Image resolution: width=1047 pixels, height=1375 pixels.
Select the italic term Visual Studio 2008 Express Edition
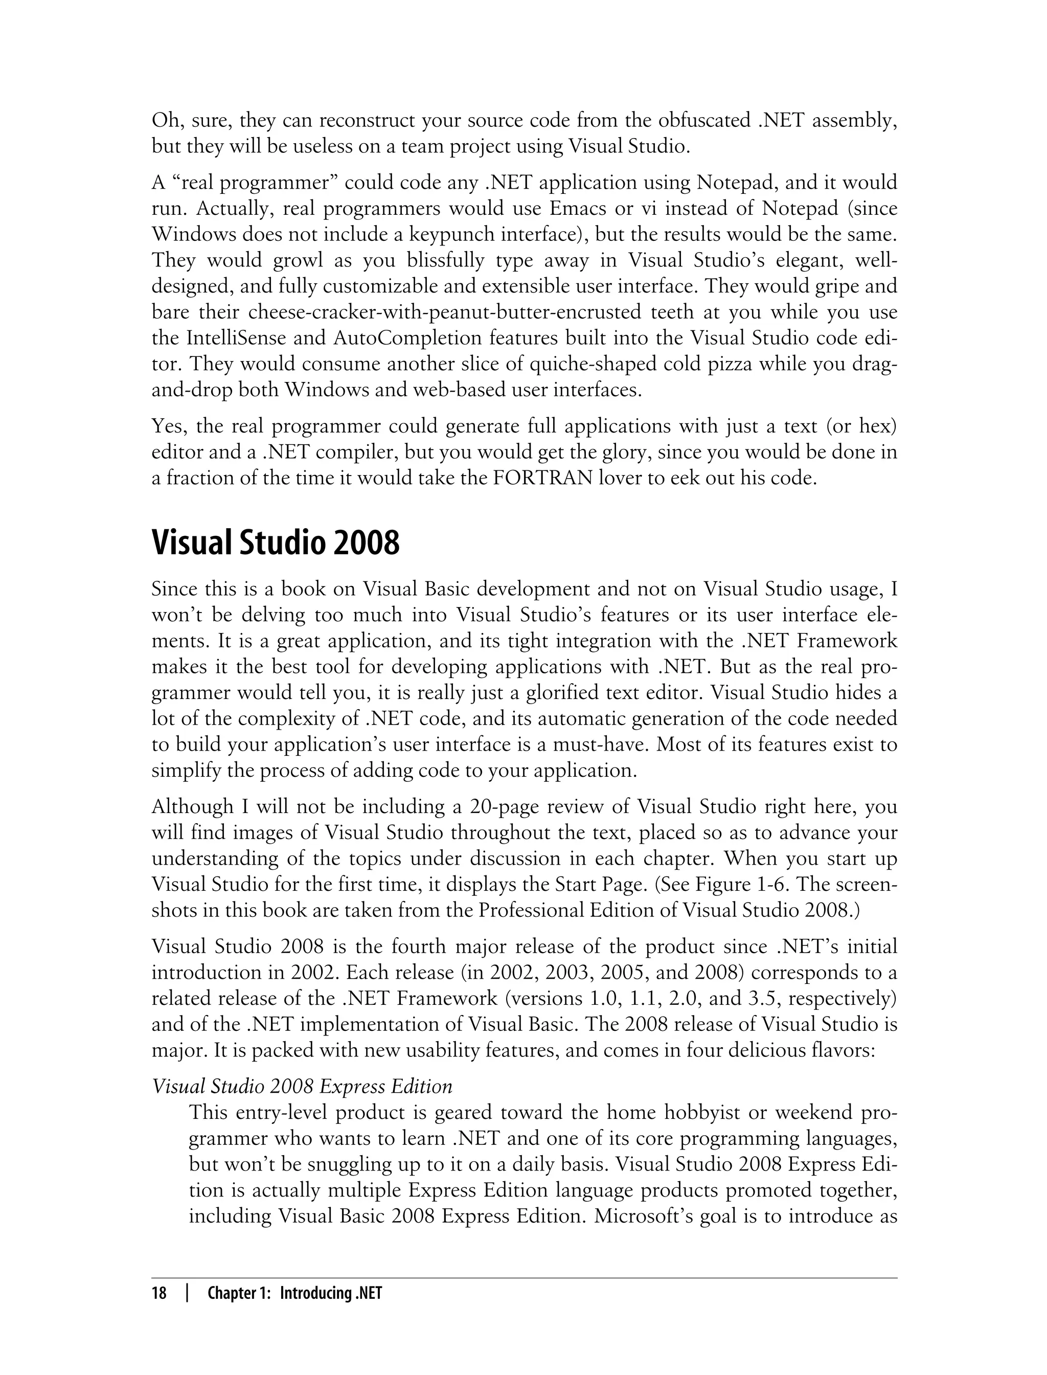[302, 1087]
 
